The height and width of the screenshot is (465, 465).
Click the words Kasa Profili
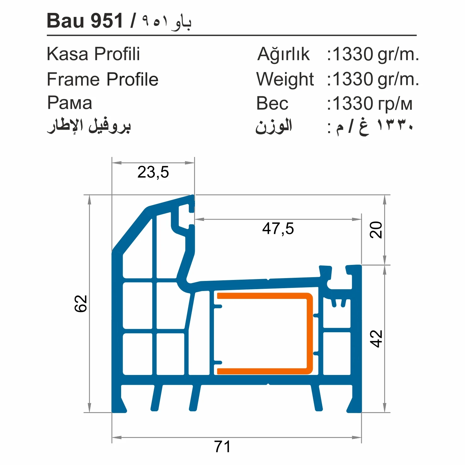pyautogui.click(x=93, y=54)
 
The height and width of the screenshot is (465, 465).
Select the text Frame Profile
pyautogui.click(x=102, y=79)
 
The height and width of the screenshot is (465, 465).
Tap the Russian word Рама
pyautogui.click(x=70, y=103)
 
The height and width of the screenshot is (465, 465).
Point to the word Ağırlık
pyautogui.click(x=283, y=54)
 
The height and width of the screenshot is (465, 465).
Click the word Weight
pyautogui.click(x=285, y=79)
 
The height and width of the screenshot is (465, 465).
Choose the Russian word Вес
pyautogui.click(x=272, y=104)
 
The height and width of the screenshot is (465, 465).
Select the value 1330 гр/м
pyautogui.click(x=372, y=104)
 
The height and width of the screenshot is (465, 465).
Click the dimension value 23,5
pyautogui.click(x=153, y=172)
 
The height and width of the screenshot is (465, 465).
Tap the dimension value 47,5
pyautogui.click(x=278, y=229)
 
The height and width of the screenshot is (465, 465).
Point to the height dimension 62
pyautogui.click(x=81, y=304)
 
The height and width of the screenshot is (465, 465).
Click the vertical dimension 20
pyautogui.click(x=376, y=230)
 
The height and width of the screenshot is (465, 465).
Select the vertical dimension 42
pyautogui.click(x=376, y=339)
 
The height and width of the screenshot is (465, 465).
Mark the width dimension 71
pyautogui.click(x=222, y=446)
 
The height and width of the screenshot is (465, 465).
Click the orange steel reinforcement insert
pyautogui.click(x=310, y=333)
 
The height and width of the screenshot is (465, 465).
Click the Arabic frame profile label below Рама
pyautogui.click(x=89, y=126)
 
